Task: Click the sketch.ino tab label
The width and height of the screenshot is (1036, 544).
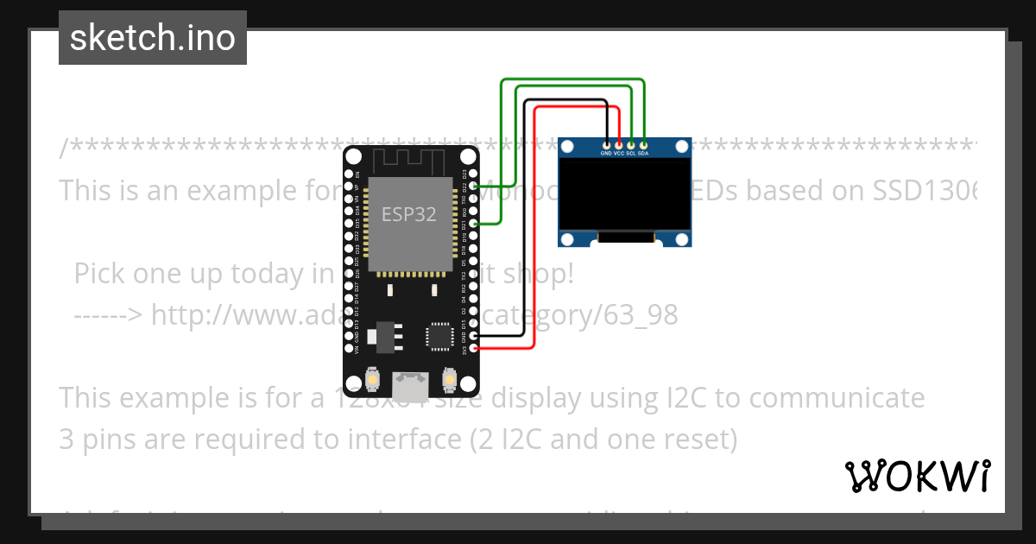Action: pyautogui.click(x=152, y=38)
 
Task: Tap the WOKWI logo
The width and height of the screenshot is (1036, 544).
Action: pyautogui.click(x=917, y=476)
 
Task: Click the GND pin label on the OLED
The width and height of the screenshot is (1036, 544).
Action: pyautogui.click(x=607, y=153)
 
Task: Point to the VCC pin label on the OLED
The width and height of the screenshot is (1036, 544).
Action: pyautogui.click(x=619, y=153)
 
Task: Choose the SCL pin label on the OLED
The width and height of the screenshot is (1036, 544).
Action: pyautogui.click(x=631, y=153)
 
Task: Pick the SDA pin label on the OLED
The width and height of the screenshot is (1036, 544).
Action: pyautogui.click(x=643, y=153)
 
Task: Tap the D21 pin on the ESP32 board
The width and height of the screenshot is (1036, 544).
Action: pyautogui.click(x=473, y=224)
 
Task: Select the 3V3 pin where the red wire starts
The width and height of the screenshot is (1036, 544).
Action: pyautogui.click(x=473, y=349)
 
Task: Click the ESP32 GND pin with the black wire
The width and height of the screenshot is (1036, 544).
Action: pyautogui.click(x=473, y=336)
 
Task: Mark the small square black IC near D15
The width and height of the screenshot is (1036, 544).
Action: pyautogui.click(x=439, y=335)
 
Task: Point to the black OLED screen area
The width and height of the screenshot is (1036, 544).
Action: pyautogui.click(x=625, y=194)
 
